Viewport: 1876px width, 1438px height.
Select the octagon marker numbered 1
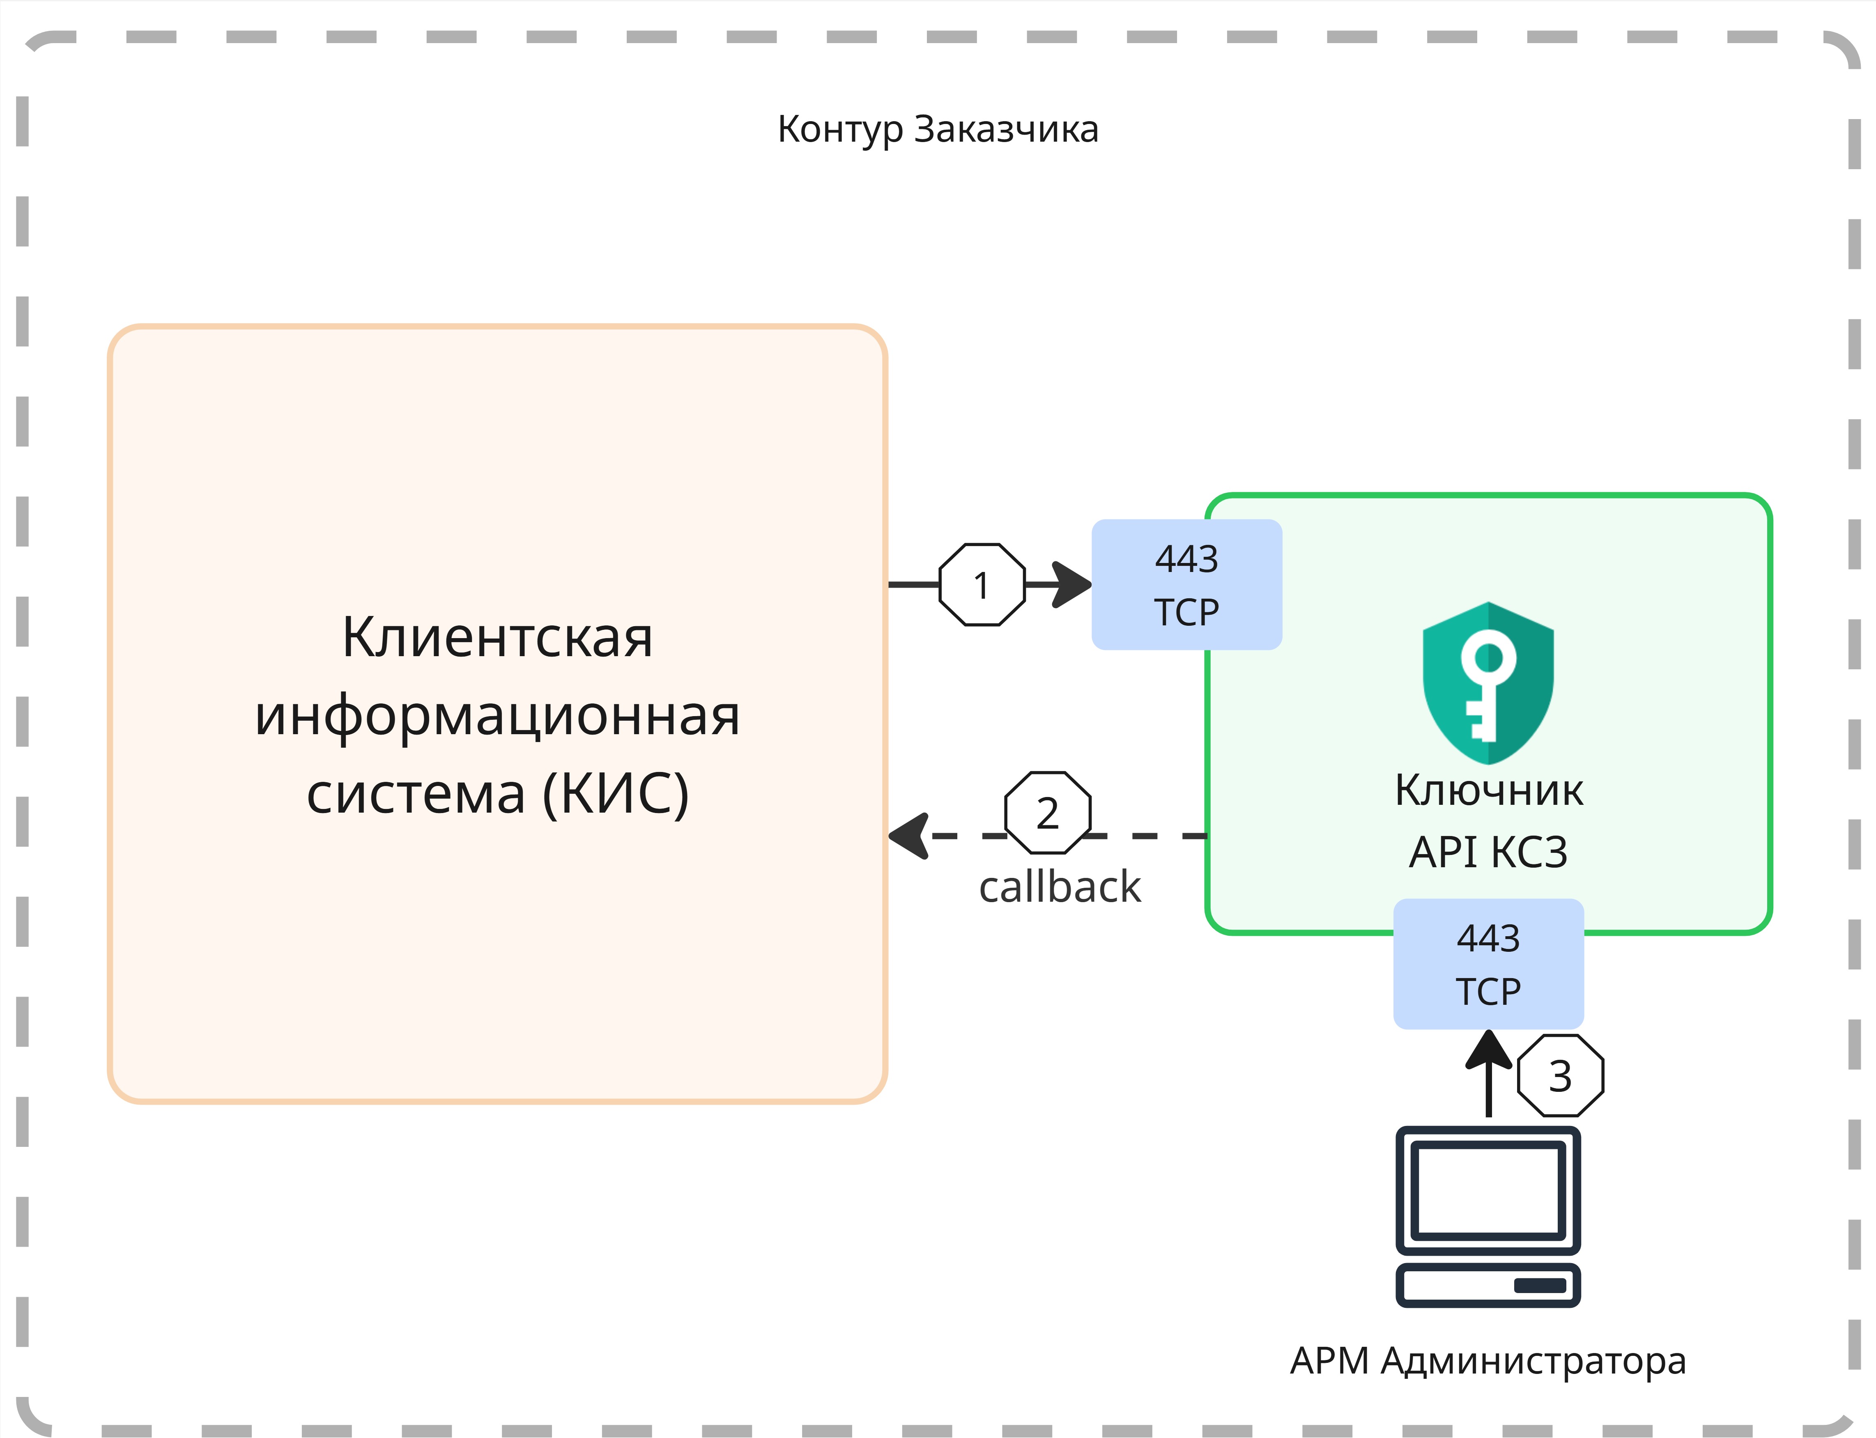(982, 586)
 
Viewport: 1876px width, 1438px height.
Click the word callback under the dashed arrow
(1060, 887)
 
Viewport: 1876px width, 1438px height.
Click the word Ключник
(1488, 790)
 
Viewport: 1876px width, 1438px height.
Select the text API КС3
(1488, 852)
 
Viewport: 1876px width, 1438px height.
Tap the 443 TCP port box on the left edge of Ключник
(1186, 585)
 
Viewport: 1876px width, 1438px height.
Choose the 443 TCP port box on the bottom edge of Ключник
(1488, 964)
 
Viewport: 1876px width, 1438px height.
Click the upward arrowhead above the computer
(1488, 1050)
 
